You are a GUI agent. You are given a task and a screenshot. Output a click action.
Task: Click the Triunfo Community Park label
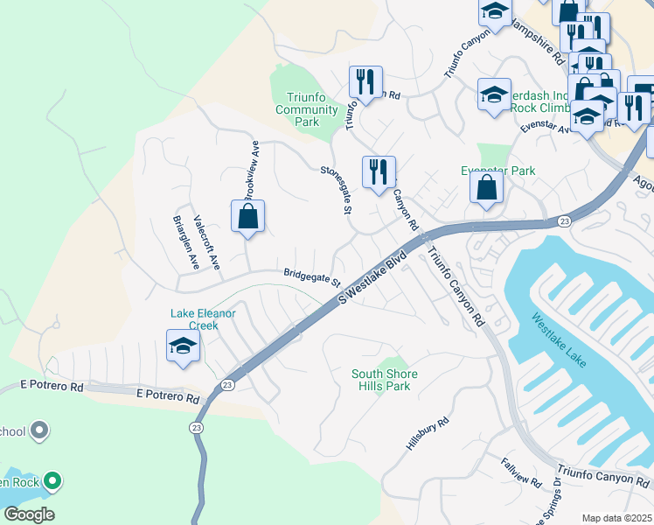tap(306, 109)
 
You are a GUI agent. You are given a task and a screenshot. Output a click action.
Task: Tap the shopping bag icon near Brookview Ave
tap(247, 216)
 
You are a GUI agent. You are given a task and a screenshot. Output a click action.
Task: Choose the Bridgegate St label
tap(311, 276)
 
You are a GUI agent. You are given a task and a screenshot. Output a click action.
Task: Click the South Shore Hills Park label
tap(385, 380)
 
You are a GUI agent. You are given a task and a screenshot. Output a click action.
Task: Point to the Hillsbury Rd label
tap(427, 434)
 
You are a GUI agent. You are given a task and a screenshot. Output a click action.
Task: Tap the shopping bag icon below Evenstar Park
tap(486, 187)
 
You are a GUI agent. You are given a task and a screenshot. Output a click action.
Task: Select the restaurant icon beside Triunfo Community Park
tap(365, 82)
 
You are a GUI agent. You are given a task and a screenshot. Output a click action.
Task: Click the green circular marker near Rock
tap(52, 480)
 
